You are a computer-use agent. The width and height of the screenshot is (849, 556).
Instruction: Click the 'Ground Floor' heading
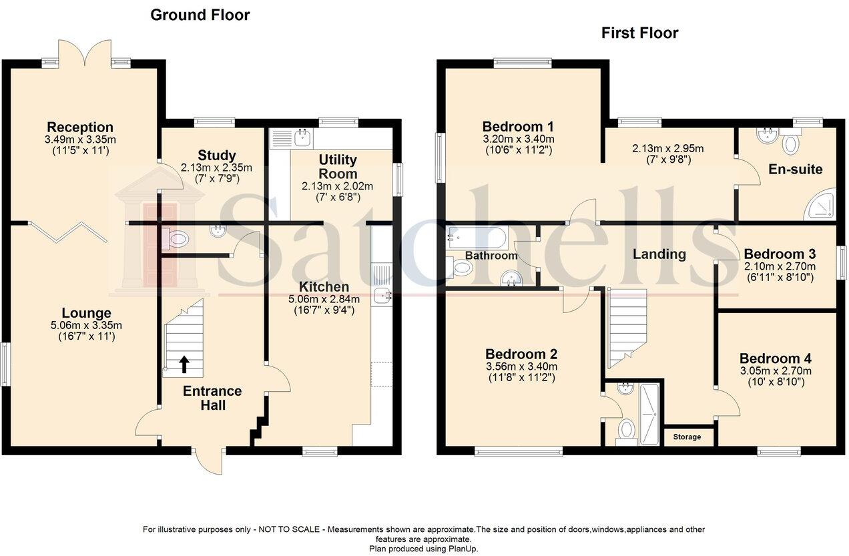[x=200, y=15]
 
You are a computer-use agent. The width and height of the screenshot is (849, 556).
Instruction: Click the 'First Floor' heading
[x=639, y=33]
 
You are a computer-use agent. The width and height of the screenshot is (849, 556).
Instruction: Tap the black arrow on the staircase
[x=184, y=364]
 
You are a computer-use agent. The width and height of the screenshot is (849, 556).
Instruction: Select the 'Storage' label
[x=687, y=437]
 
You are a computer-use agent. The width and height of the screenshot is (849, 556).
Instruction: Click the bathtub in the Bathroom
[x=477, y=236]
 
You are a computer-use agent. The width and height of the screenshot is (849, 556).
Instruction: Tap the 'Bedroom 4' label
[x=774, y=359]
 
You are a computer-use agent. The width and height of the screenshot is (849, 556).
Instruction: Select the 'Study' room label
[x=217, y=156]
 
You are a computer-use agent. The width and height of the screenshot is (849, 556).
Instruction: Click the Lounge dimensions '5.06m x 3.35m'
[x=87, y=326]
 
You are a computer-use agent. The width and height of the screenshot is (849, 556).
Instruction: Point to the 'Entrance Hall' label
[x=212, y=398]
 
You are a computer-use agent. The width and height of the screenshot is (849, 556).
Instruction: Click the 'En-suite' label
[x=795, y=170]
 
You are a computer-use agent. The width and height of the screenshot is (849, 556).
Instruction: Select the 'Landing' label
[x=659, y=254]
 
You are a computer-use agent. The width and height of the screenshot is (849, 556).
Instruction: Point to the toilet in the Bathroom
[x=461, y=268]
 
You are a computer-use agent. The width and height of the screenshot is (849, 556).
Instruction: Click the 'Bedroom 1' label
[x=518, y=127]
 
